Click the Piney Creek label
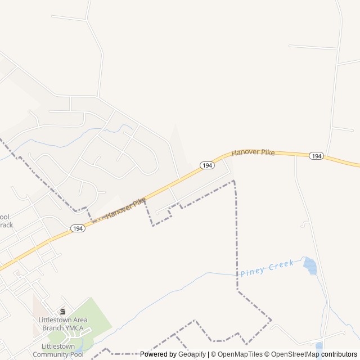point(267,268)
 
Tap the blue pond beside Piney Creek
point(310,265)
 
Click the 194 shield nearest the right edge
point(316,156)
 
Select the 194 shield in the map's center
point(207,165)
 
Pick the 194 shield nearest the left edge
point(78,228)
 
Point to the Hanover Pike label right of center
point(253,152)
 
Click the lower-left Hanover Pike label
point(126,208)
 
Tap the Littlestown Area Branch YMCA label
point(62,324)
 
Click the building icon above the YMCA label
point(62,312)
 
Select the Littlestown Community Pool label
point(58,350)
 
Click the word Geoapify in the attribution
point(192,354)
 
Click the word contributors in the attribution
point(339,354)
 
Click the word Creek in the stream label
point(281,265)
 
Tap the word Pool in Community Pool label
point(75,354)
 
